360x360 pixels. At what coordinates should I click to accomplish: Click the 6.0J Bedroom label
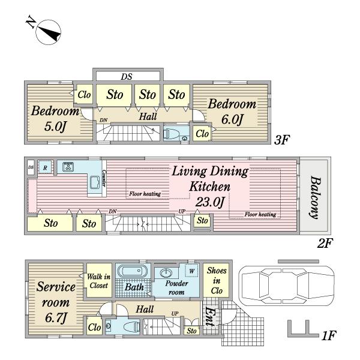[232, 111]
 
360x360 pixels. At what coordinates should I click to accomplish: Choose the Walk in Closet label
[97, 281]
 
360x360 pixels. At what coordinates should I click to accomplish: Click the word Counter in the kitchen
[104, 179]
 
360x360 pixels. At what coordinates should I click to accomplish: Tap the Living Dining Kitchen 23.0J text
[209, 187]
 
